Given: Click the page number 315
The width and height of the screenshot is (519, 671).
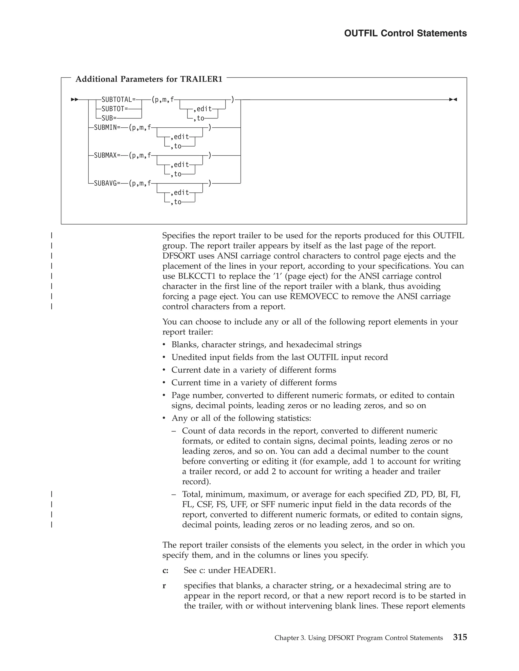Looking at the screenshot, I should click(x=460, y=638).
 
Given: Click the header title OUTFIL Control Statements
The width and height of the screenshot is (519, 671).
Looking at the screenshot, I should click(x=405, y=33).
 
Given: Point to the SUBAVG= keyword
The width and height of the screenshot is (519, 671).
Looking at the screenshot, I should click(x=107, y=183).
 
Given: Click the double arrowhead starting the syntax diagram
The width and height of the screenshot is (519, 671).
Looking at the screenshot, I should click(x=75, y=100).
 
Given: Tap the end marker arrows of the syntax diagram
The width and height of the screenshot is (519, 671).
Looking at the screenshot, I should click(x=453, y=100).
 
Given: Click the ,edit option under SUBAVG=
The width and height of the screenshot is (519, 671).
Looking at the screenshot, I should click(x=180, y=193).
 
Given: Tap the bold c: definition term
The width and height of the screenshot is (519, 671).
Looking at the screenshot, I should click(x=165, y=570).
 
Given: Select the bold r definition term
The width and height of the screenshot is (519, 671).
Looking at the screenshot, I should click(x=164, y=586).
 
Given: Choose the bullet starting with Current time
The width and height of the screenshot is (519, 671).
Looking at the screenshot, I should click(x=254, y=383).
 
